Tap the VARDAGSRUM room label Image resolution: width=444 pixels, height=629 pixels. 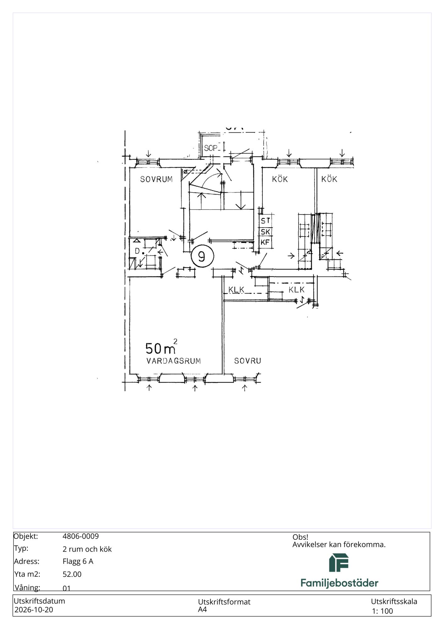[173, 361]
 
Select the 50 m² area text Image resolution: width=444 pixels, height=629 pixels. [161, 347]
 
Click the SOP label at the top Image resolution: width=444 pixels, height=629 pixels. [211, 148]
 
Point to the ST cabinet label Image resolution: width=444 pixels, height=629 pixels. [266, 221]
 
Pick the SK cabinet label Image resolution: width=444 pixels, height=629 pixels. [266, 232]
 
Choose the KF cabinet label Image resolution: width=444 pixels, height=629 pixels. [265, 242]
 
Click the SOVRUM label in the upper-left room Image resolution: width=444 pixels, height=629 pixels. [156, 179]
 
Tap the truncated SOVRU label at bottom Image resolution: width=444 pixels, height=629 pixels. [248, 361]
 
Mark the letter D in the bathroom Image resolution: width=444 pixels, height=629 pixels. [137, 251]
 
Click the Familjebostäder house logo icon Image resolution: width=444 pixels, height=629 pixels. [339, 563]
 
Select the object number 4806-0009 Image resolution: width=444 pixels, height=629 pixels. [81, 536]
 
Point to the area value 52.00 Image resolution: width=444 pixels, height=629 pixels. [72, 574]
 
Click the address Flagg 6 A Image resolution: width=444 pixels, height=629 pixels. [78, 561]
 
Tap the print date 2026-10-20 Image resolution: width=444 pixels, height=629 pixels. [34, 610]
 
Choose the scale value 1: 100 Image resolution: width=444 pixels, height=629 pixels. [382, 611]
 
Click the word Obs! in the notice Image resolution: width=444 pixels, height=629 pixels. [300, 537]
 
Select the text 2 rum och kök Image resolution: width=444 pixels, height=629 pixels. [87, 549]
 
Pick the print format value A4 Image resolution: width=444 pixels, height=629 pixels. [202, 610]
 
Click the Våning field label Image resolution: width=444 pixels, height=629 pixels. [27, 587]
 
